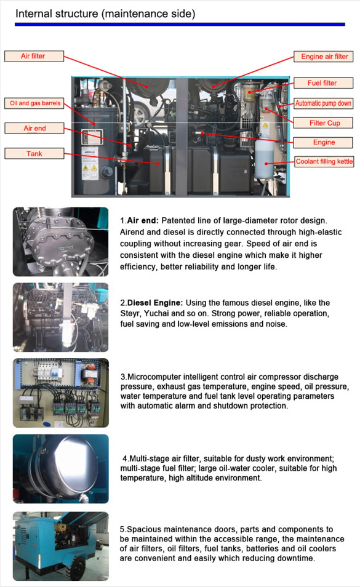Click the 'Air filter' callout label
tap(34, 56)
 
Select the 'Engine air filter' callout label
tap(324, 57)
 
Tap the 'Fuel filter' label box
tap(322, 83)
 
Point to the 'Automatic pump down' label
tap(323, 103)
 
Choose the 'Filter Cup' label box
tap(324, 123)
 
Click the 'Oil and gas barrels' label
tap(35, 103)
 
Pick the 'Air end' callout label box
tap(34, 129)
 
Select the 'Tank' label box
tap(34, 153)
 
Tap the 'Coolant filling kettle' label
tap(324, 162)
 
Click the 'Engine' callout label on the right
tap(324, 142)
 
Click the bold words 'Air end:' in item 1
tap(142, 220)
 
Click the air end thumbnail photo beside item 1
tap(60, 241)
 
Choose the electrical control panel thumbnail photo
tap(60, 393)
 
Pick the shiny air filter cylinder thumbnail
tap(60, 468)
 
